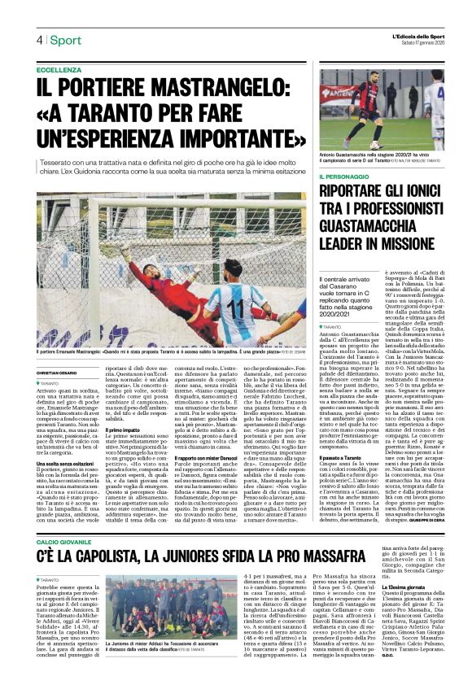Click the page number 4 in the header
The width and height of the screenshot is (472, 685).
38,39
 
